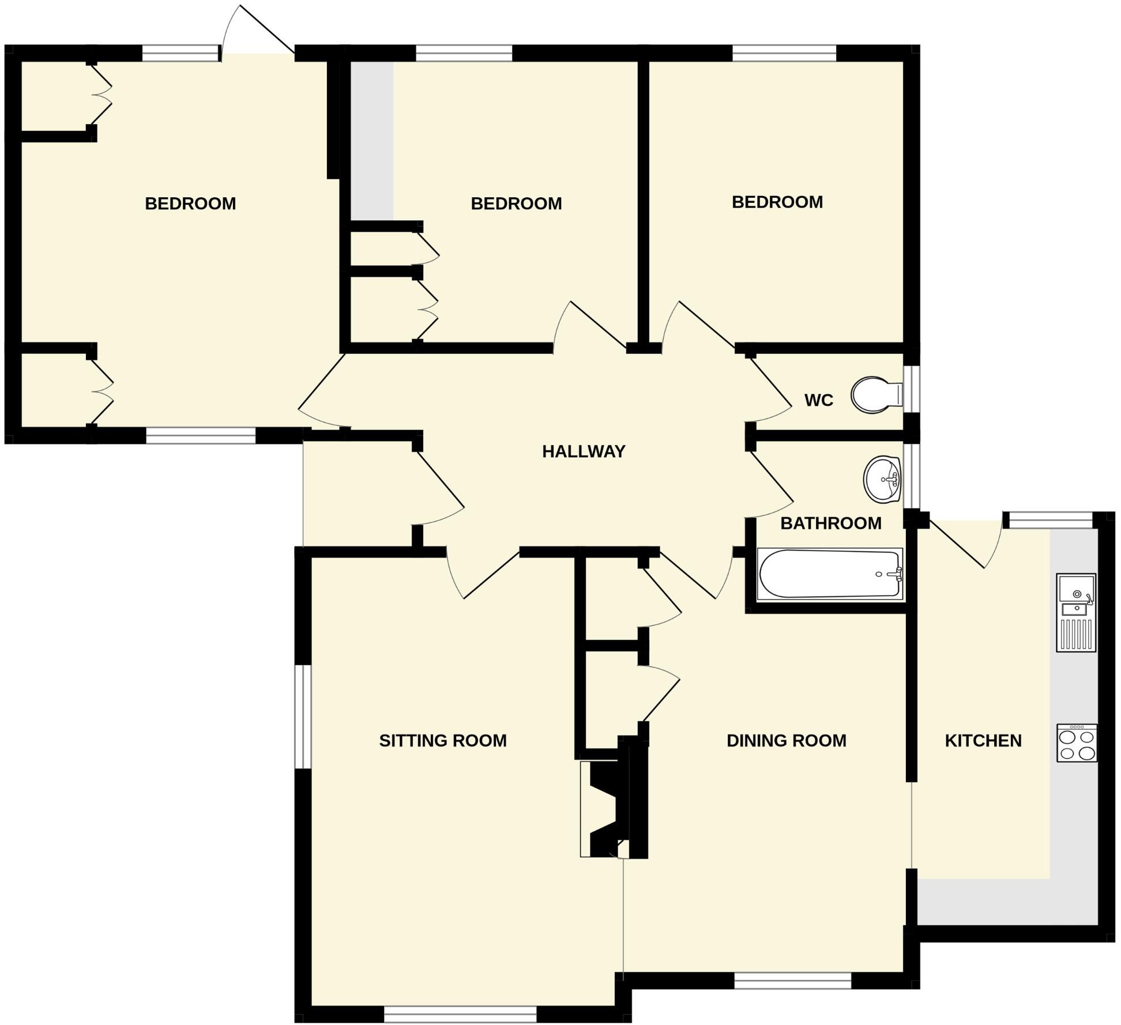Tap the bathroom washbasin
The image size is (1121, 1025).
[882, 478]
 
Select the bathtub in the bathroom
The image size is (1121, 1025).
[830, 574]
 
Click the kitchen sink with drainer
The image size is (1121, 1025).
[1075, 612]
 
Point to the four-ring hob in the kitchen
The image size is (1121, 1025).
[1077, 743]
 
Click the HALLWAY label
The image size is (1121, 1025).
[584, 451]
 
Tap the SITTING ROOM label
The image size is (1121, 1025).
[443, 740]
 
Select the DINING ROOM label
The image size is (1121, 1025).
[787, 740]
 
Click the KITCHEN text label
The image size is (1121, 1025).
[983, 740]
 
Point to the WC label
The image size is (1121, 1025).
[818, 400]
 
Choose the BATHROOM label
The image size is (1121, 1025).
[831, 523]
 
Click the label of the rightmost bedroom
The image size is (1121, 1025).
[777, 202]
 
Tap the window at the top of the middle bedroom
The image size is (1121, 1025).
[464, 53]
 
